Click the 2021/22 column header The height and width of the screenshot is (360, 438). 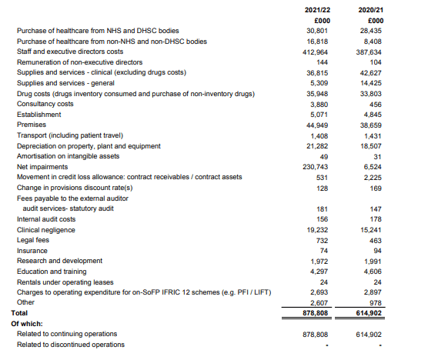[x=318, y=8]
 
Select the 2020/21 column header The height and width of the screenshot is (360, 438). [x=370, y=8]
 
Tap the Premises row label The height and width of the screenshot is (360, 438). [x=32, y=125]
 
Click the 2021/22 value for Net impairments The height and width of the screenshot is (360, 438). [x=317, y=166]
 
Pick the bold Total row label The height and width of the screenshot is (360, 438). [x=19, y=313]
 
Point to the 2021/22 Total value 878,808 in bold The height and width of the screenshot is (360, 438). [x=316, y=314]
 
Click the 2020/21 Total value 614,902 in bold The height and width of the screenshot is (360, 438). [x=369, y=314]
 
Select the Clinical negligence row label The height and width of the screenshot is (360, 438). [x=46, y=229]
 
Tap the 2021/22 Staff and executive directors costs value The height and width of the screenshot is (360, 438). [x=317, y=52]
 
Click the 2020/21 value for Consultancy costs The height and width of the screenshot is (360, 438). [x=376, y=104]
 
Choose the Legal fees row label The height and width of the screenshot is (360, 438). [x=35, y=240]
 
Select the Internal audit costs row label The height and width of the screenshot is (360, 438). [x=48, y=219]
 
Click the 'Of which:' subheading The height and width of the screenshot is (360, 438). [x=25, y=324]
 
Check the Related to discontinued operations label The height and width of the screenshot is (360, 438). [x=70, y=345]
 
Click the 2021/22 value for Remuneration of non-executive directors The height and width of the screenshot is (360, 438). [x=323, y=62]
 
